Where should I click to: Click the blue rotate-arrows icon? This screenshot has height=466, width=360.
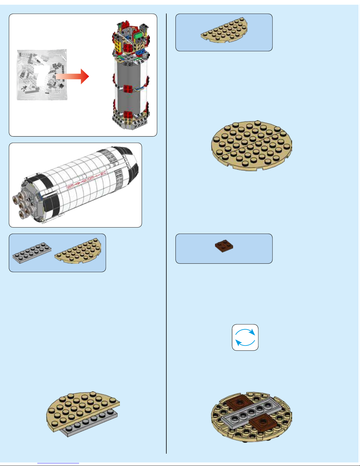pos(245,337)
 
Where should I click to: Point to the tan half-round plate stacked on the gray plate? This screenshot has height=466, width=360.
pos(81,410)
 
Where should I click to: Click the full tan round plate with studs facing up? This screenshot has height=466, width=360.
pos(252,145)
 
